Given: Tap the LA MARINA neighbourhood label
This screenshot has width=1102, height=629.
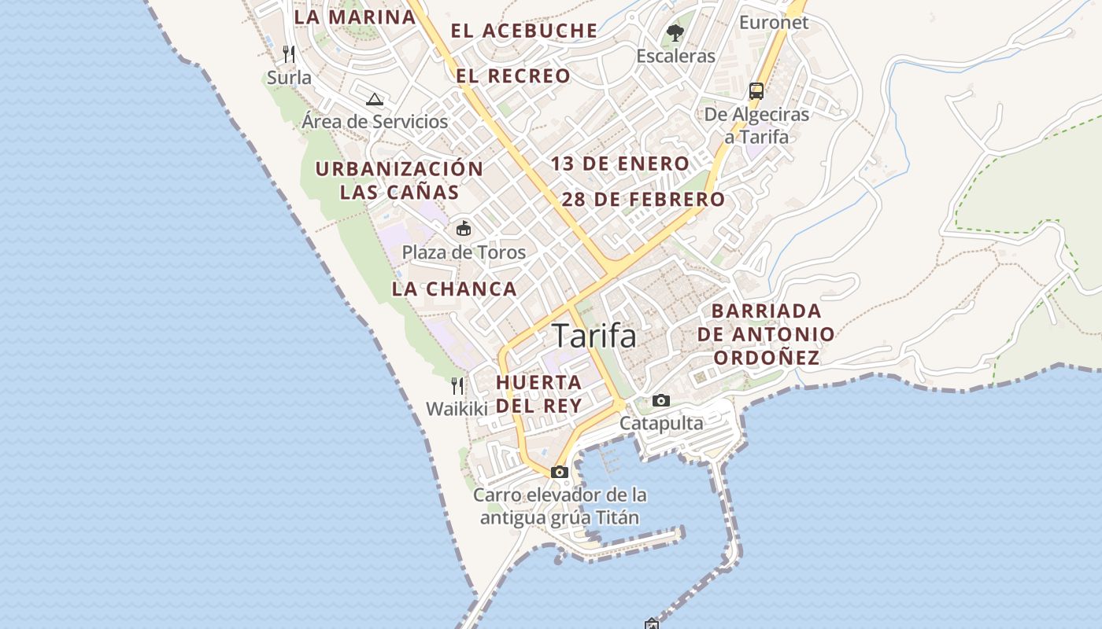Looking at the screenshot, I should click(354, 17).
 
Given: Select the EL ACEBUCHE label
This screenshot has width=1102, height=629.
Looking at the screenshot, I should click(524, 31).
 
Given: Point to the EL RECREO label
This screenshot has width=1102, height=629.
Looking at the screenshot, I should click(513, 76).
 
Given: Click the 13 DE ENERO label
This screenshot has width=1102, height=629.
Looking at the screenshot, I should click(620, 164).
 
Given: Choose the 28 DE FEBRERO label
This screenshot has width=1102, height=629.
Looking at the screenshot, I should click(643, 199).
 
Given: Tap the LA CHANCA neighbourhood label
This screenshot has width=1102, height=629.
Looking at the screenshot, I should click(454, 289).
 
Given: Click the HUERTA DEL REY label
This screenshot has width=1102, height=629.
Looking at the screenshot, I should click(539, 394).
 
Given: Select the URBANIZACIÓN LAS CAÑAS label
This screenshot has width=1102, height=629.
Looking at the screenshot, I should click(399, 180).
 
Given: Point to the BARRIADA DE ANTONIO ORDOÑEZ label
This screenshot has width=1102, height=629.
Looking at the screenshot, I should click(766, 334).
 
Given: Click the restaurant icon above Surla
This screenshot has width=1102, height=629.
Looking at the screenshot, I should click(289, 54).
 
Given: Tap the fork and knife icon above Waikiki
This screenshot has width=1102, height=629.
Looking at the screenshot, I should click(457, 386).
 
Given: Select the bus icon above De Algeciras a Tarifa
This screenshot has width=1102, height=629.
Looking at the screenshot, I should click(756, 91).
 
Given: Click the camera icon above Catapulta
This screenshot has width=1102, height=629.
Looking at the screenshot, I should click(661, 401).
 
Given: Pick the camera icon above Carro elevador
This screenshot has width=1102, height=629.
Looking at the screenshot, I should click(560, 473).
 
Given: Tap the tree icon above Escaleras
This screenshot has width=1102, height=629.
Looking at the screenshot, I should click(675, 33).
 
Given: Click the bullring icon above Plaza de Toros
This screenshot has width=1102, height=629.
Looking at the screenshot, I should click(464, 229).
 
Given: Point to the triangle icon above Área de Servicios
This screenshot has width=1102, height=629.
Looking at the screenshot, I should click(375, 99).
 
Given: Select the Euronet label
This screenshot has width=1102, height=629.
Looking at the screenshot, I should click(774, 22).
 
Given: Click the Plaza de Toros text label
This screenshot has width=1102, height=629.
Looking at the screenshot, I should click(464, 252).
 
